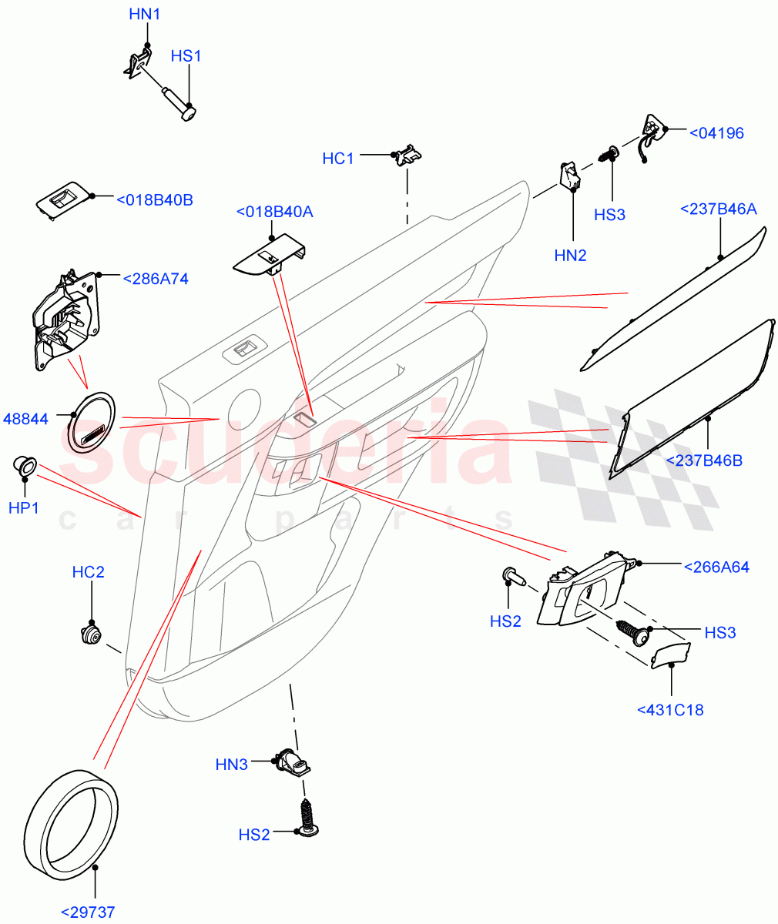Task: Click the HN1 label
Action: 144,14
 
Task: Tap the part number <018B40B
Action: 154,200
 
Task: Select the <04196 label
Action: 716,133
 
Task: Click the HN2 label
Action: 571,255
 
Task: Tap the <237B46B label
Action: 703,460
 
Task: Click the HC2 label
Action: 88,572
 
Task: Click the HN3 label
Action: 231,765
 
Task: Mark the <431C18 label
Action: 670,710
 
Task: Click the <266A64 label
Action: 716,567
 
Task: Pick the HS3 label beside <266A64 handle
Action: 719,632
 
